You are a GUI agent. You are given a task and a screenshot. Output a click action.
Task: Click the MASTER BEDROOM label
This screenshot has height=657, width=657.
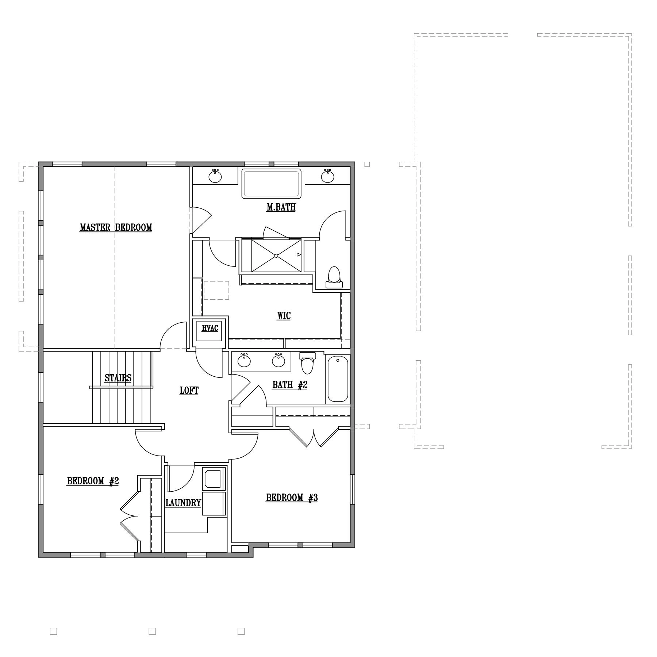116,227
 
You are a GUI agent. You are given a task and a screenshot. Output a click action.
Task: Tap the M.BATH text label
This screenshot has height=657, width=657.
281,207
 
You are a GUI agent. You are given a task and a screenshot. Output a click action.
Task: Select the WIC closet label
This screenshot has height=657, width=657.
284,315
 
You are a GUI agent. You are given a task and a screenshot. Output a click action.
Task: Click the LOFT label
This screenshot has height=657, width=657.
189,391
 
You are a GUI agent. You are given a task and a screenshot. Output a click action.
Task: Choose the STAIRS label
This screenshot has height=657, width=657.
118,378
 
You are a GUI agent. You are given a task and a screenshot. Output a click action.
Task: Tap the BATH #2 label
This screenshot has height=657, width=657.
290,385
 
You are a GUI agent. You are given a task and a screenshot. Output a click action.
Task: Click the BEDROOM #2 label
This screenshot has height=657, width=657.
93,481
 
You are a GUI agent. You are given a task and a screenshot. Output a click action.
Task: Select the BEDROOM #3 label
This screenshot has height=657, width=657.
292,497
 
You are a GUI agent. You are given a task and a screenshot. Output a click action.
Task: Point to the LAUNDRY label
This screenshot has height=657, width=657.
183,503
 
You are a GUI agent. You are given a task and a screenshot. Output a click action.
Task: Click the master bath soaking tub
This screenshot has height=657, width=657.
272,184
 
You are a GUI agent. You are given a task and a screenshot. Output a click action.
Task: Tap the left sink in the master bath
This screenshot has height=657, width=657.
215,176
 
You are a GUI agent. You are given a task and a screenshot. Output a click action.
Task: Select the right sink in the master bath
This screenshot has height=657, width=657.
328,176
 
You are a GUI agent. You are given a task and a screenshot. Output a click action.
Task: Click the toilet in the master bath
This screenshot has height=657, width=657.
334,277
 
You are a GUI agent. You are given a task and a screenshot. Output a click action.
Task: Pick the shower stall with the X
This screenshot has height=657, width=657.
276,255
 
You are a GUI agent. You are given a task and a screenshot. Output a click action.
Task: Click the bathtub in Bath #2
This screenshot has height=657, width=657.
338,379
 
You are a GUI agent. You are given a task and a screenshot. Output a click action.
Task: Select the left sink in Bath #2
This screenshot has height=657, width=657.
244,360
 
